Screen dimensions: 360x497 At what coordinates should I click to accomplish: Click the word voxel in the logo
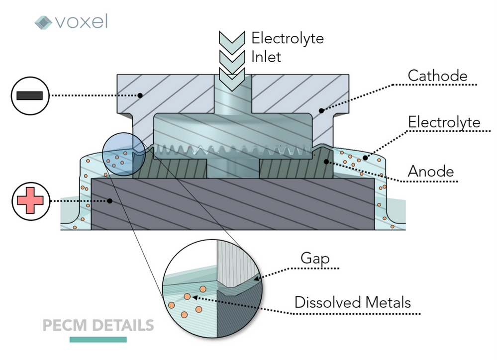81,21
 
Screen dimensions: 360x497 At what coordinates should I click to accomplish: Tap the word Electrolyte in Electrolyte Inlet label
287,38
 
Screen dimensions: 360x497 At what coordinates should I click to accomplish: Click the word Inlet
266,57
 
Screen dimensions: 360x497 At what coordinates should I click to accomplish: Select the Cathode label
437,76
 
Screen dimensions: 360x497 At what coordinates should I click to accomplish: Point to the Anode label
430,172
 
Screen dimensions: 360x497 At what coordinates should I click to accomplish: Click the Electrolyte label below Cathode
444,122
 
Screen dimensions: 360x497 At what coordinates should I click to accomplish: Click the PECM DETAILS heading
98,326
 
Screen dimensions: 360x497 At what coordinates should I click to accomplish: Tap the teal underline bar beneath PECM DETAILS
98,340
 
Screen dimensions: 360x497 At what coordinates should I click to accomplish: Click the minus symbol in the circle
30,95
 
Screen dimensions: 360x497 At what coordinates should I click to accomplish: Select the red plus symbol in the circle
30,201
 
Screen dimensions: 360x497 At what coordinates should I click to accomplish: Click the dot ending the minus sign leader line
140,95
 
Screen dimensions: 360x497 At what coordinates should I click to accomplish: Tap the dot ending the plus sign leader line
110,201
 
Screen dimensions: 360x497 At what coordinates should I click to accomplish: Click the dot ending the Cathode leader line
321,111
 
